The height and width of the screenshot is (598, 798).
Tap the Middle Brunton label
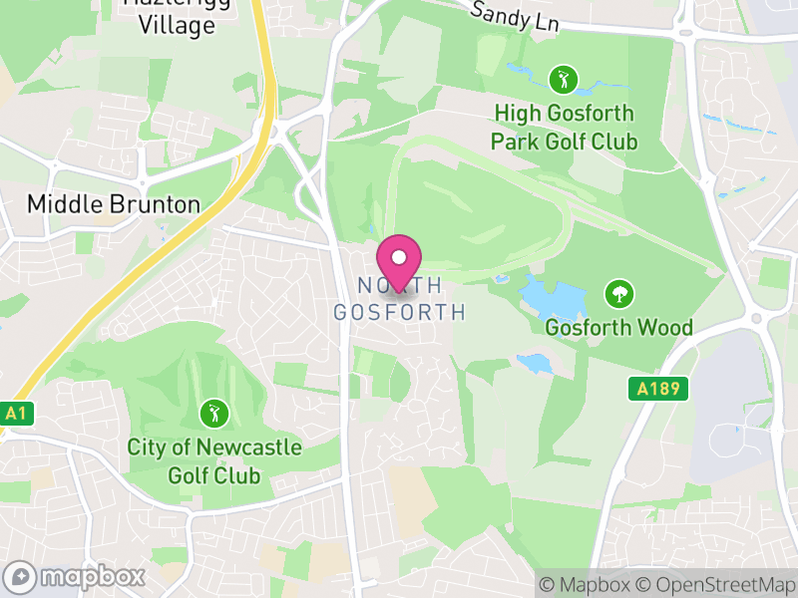113,204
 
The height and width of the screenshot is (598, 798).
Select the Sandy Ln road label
514,14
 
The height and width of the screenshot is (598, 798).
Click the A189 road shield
659,389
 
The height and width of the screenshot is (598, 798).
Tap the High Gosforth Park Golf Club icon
564,78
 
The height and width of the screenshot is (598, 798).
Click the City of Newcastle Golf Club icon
212,412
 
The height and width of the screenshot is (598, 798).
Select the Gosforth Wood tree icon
618,293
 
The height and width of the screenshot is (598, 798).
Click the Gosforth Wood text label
618,327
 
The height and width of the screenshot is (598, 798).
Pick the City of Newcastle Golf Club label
213,460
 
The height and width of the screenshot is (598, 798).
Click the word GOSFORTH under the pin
399,312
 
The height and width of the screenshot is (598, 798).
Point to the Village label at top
178,25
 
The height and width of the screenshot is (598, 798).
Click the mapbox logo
75,576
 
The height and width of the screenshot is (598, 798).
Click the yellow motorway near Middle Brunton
150,249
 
